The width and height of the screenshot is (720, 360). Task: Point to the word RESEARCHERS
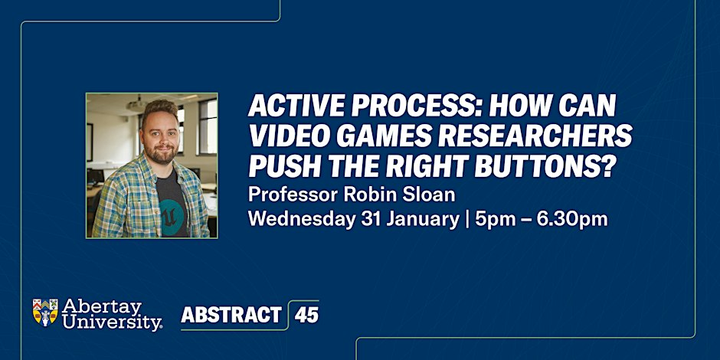tap(541, 137)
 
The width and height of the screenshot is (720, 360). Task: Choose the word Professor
tap(293, 195)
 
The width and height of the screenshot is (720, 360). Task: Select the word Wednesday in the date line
tap(302, 220)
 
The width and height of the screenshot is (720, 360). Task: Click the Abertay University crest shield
tap(45, 313)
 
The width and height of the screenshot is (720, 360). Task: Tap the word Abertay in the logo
tap(102, 307)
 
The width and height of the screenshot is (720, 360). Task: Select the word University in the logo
tap(112, 322)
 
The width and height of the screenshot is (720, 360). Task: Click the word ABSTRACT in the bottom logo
tap(231, 315)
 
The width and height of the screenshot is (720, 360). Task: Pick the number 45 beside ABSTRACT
tap(306, 315)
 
